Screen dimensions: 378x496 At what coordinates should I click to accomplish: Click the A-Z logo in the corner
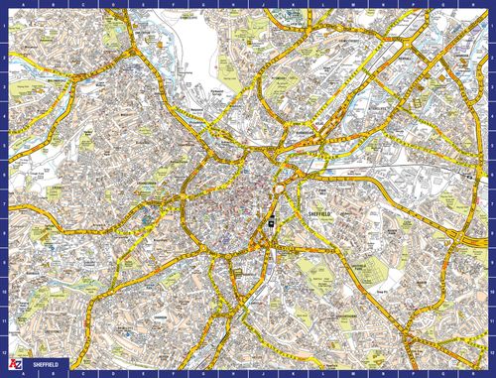pyautogui.click(x=13, y=365)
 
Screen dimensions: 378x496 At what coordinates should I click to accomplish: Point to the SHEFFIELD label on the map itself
pyautogui.click(x=319, y=212)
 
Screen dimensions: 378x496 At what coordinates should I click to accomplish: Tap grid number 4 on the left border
pyautogui.click(x=4, y=115)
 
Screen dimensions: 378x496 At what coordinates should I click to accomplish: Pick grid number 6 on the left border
pyautogui.click(x=4, y=175)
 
